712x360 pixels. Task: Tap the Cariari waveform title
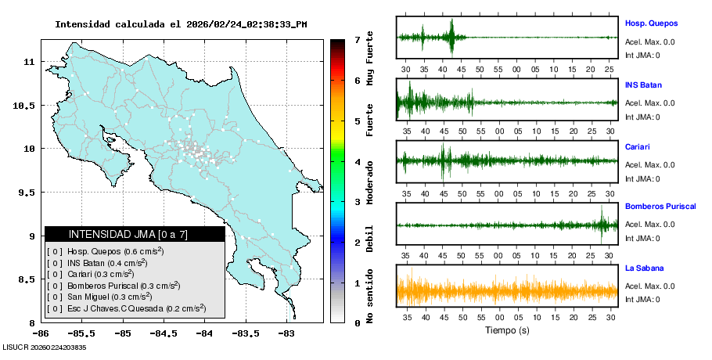[x=637, y=146]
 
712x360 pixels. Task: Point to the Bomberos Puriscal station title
[x=660, y=207]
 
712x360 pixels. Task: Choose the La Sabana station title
[x=645, y=268]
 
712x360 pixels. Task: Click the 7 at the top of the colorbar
[x=357, y=40]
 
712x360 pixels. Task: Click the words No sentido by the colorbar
[x=369, y=297]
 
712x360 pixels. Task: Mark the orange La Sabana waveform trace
[x=509, y=292]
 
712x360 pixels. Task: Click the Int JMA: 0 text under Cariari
[x=642, y=178]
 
